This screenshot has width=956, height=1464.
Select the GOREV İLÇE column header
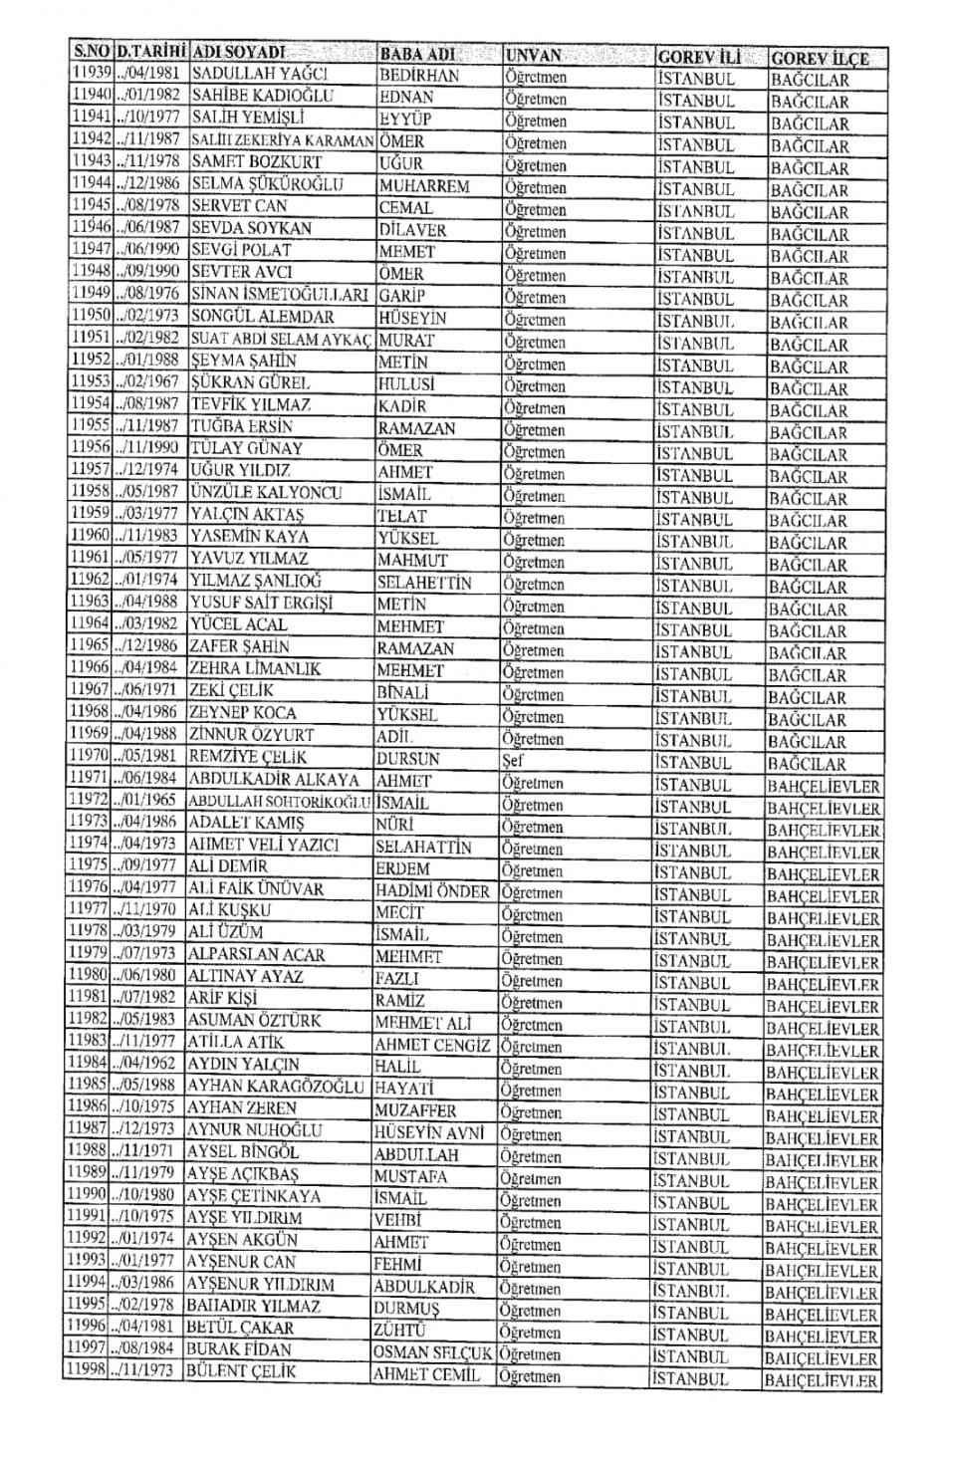tap(820, 58)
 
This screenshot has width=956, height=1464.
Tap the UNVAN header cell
tap(534, 55)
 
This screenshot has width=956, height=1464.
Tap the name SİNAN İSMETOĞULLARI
tap(280, 294)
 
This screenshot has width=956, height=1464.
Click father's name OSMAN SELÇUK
tap(432, 1353)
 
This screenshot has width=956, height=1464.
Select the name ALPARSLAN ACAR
tap(257, 954)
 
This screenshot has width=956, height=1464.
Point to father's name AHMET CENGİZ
tap(432, 1045)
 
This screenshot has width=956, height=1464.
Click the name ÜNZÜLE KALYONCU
tap(265, 492)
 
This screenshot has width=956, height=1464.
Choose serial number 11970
tap(90, 757)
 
